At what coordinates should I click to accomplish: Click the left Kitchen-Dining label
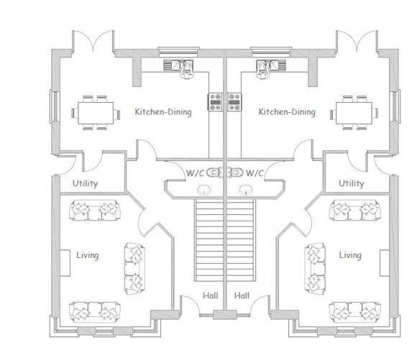[x=163, y=112]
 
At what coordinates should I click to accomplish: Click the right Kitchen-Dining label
[x=287, y=112]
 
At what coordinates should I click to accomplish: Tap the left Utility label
[x=85, y=183]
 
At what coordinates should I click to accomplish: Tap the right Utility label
[x=352, y=183]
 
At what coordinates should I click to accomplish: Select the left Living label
[x=87, y=255]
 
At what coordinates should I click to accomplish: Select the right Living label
[x=350, y=255]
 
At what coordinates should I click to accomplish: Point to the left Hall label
[x=211, y=295]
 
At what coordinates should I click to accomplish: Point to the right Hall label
[x=241, y=295]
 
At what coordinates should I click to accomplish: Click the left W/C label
[x=195, y=173]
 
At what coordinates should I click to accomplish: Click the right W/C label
[x=255, y=173]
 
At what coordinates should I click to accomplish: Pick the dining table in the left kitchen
[x=94, y=113]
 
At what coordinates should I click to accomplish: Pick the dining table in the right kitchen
[x=356, y=113]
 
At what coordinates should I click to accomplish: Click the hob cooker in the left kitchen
[x=215, y=101]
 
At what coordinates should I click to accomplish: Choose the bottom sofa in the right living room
[x=354, y=312]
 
